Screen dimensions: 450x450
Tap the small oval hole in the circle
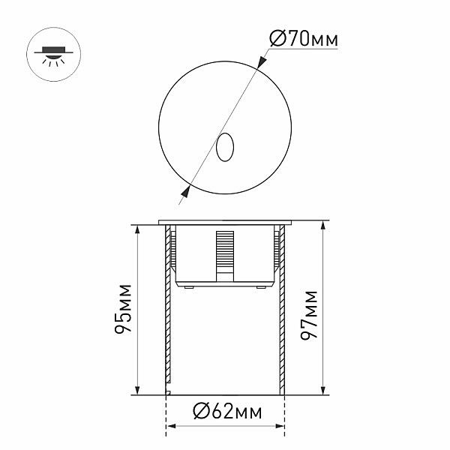(x=224, y=148)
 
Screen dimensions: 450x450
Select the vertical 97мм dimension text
(x=309, y=308)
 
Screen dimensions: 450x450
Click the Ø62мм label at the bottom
(x=225, y=412)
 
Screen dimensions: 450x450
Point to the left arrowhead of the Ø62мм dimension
(x=169, y=428)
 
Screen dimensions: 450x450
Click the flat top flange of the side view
(x=225, y=222)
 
